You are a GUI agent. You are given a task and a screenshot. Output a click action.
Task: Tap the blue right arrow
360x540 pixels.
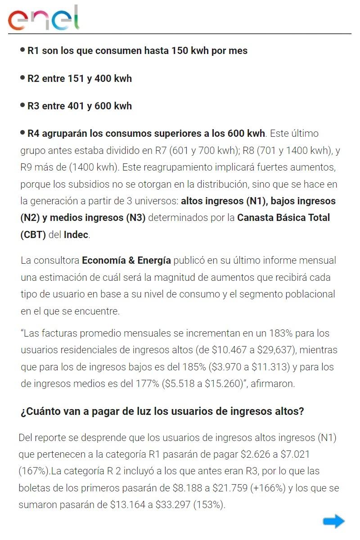[333, 522]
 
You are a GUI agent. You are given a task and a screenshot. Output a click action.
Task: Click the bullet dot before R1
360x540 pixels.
[22, 50]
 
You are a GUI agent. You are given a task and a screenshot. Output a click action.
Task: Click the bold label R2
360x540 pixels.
[33, 79]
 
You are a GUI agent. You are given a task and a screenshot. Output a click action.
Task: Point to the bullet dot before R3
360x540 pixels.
[22, 105]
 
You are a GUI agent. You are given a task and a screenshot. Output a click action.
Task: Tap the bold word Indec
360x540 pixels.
[76, 235]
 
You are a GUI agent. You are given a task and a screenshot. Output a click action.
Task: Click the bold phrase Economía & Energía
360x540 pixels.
[126, 260]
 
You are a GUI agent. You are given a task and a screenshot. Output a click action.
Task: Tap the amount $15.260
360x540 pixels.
[218, 384]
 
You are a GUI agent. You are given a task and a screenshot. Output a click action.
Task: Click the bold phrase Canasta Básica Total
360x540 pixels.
[283, 218]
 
